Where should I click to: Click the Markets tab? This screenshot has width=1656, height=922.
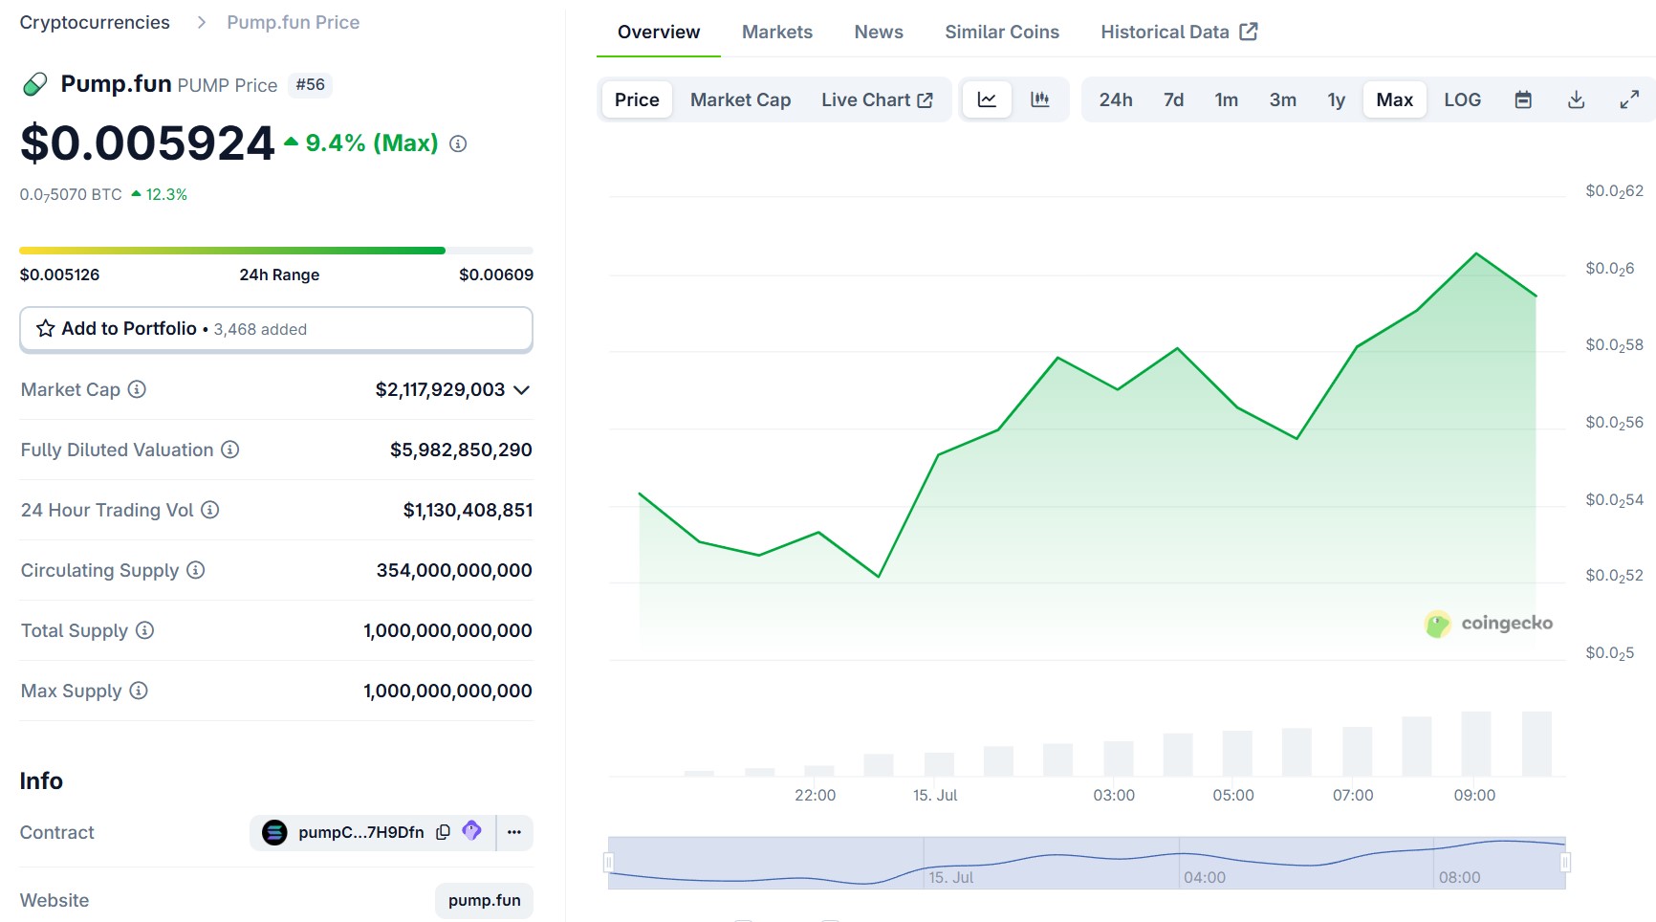776,32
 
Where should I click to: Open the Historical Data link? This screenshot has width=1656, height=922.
1178,32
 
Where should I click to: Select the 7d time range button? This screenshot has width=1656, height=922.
1173,99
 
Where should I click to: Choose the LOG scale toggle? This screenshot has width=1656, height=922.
1461,99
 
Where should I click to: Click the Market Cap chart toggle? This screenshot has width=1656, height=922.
740,99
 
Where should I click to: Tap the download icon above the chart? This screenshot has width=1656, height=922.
1576,99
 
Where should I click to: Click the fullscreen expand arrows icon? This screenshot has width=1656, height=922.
1629,99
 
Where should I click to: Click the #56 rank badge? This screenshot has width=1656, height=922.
310,84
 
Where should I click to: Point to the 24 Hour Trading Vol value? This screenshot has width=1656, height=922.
468,510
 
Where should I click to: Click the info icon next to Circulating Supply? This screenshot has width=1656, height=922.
196,570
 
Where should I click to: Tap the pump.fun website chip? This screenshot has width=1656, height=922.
484,900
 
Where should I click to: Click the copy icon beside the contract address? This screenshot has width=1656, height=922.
443,832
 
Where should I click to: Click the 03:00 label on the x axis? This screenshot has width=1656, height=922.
1114,795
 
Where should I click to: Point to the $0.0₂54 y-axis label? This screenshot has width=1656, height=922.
1614,499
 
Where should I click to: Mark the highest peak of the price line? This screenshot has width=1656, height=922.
1476,253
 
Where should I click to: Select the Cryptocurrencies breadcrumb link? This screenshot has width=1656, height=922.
95,22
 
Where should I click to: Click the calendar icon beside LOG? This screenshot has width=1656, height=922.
1523,99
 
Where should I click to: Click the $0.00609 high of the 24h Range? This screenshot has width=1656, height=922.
495,274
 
